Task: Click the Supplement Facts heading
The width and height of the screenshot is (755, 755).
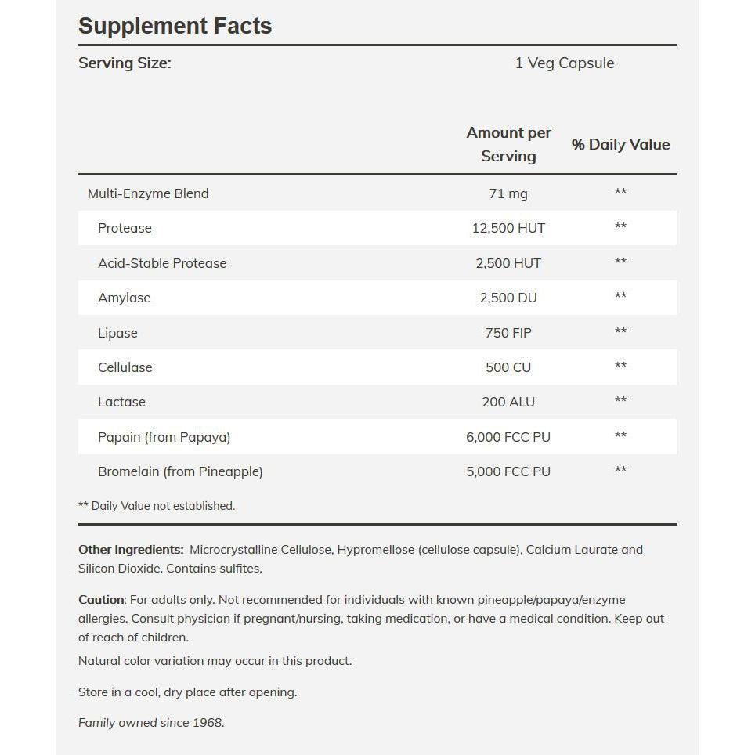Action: pyautogui.click(x=175, y=26)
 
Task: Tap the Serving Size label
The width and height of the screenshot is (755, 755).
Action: pyautogui.click(x=125, y=63)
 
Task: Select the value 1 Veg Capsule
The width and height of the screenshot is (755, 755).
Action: pyautogui.click(x=564, y=63)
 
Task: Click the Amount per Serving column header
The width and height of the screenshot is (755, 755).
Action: pyautogui.click(x=508, y=144)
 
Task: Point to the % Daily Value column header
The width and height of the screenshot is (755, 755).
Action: pyautogui.click(x=620, y=144)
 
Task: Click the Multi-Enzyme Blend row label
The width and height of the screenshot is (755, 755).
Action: pyautogui.click(x=148, y=193)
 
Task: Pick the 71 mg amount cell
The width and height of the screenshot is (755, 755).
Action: pyautogui.click(x=508, y=193)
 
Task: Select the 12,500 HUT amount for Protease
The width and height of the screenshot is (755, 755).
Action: pyautogui.click(x=508, y=228)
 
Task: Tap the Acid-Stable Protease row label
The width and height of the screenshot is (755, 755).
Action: pyautogui.click(x=162, y=263)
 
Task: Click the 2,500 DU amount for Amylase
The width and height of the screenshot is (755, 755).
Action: pyautogui.click(x=508, y=298)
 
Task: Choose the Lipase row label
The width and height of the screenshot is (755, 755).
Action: pyautogui.click(x=117, y=333)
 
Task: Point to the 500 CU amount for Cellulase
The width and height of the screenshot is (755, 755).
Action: pyautogui.click(x=508, y=367)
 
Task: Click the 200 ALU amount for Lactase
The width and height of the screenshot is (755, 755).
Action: pyautogui.click(x=508, y=402)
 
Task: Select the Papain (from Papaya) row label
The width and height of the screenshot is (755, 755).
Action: pyautogui.click(x=164, y=437)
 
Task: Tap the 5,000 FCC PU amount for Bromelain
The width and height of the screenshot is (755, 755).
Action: pyautogui.click(x=508, y=471)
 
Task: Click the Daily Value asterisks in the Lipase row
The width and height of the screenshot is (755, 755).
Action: pyautogui.click(x=620, y=332)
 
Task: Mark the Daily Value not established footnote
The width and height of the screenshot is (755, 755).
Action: pyautogui.click(x=157, y=506)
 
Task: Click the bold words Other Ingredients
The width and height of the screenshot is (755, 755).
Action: pyautogui.click(x=131, y=550)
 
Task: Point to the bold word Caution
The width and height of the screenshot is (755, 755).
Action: pyautogui.click(x=101, y=600)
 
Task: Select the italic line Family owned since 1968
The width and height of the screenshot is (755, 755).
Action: pyautogui.click(x=151, y=723)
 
